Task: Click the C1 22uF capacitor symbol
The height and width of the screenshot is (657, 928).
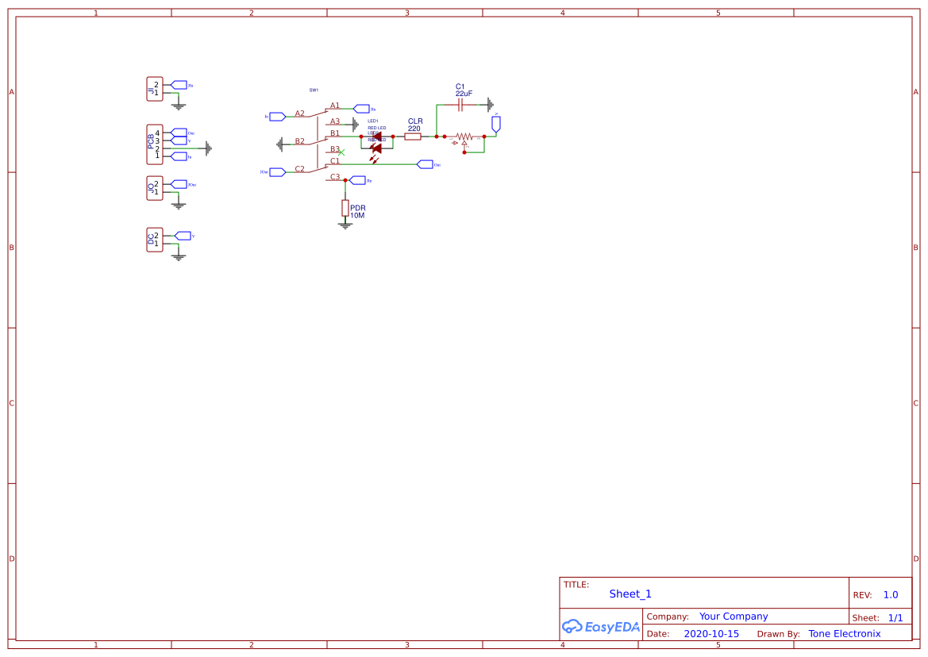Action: click(460, 105)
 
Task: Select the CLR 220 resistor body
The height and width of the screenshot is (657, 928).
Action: click(413, 136)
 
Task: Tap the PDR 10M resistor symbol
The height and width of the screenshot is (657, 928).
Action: click(345, 208)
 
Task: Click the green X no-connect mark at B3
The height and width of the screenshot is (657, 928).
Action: click(341, 152)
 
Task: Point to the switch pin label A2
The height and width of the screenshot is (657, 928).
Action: click(299, 113)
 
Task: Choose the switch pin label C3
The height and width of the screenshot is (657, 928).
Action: click(335, 177)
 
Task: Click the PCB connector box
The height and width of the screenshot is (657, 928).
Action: click(155, 144)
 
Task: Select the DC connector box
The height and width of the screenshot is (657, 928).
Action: click(155, 239)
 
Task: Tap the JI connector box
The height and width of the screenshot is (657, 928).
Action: click(155, 89)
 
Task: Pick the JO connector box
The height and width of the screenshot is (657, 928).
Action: click(155, 188)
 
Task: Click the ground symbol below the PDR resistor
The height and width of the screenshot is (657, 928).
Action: click(345, 225)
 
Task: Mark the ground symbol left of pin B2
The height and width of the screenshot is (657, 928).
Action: click(280, 144)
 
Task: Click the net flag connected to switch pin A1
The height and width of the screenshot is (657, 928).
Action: click(361, 109)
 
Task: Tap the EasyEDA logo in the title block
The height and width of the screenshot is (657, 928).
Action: click(600, 626)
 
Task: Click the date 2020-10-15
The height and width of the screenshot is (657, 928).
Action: click(711, 634)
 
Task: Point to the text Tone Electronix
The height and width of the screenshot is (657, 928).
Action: click(844, 634)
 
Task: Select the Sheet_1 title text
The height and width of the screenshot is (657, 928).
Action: click(630, 594)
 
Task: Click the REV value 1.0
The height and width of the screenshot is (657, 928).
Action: click(891, 594)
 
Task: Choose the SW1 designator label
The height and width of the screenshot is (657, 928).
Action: click(314, 90)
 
